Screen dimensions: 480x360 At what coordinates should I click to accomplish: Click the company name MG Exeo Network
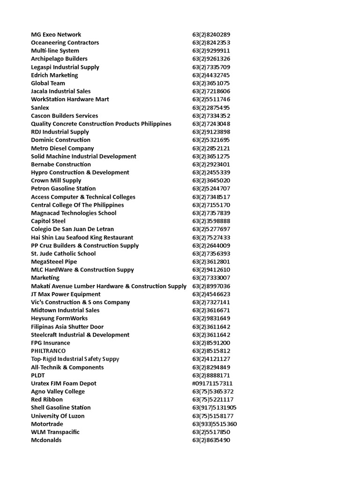tap(56, 34)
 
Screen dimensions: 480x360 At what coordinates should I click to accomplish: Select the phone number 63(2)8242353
tap(211, 43)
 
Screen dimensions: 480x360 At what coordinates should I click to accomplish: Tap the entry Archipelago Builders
tap(59, 59)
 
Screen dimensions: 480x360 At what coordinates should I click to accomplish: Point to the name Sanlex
tap(40, 107)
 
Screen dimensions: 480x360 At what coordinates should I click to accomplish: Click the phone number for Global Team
tap(211, 83)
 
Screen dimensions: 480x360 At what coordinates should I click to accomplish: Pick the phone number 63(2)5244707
tap(211, 188)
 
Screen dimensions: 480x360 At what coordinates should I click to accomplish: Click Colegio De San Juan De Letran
tap(72, 229)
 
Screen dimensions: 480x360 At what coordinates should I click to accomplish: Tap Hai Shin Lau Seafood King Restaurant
tap(82, 237)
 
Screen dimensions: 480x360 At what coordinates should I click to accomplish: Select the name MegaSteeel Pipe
tap(54, 262)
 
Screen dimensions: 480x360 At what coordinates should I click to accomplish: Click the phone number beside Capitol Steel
tap(211, 221)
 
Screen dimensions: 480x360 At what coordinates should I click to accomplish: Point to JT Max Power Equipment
tap(66, 294)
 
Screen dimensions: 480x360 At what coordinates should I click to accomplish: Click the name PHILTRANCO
tap(48, 351)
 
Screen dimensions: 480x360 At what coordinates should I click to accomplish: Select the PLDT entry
tap(39, 375)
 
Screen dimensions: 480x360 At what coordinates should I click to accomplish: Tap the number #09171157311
tap(212, 383)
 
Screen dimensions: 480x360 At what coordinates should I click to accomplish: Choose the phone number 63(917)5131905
tap(214, 407)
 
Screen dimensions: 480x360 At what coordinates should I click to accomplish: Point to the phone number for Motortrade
tap(214, 424)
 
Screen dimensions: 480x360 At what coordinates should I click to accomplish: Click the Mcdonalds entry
tap(46, 440)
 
